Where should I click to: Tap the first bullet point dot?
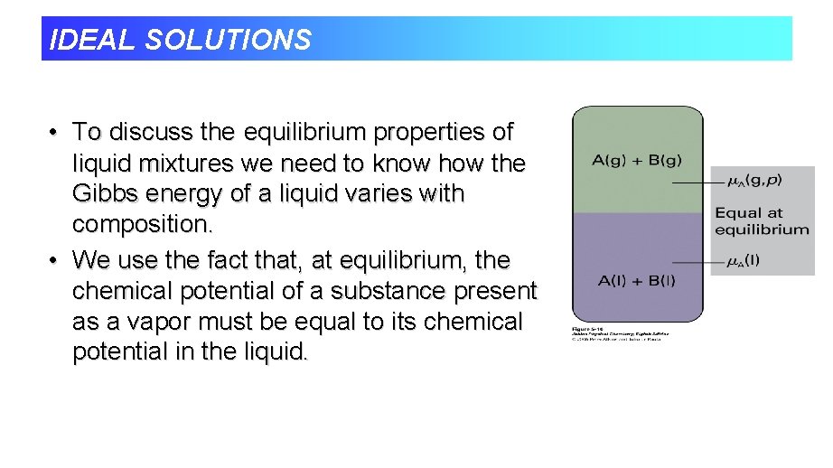tap(55, 133)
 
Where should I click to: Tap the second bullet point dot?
tap(55, 260)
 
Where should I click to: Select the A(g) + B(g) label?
tap(637, 161)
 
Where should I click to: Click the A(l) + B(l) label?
tap(636, 281)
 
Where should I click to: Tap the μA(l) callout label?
tap(744, 261)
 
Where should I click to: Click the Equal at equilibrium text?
tap(762, 221)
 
